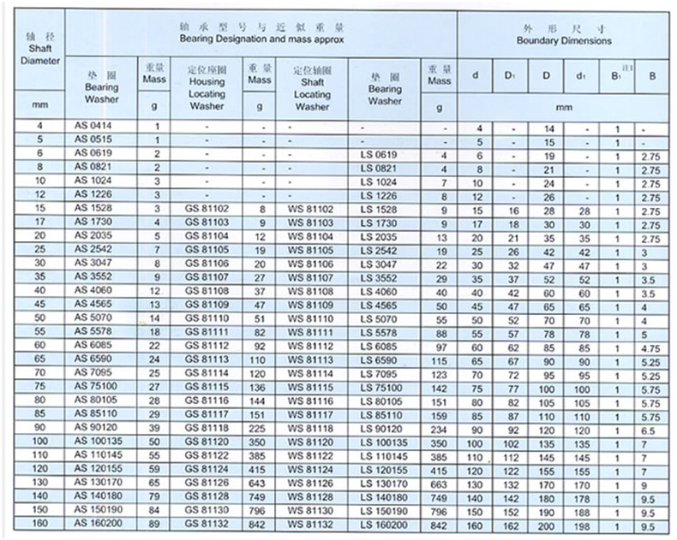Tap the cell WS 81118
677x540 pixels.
pos(310,427)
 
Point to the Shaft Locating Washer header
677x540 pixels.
pos(310,86)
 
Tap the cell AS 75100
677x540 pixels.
pos(96,386)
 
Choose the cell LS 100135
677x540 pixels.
pos(384,441)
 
